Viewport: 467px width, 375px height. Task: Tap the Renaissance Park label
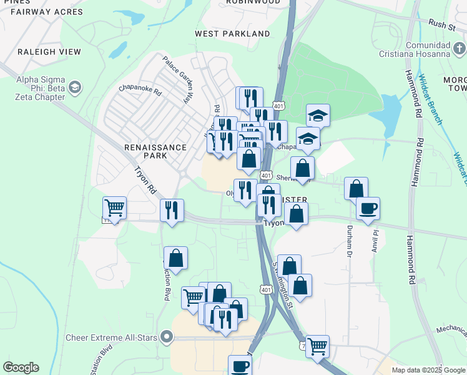[155, 151]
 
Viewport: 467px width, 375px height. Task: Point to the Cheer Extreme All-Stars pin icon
[166, 338]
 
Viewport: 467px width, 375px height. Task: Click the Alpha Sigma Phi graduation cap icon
[76, 87]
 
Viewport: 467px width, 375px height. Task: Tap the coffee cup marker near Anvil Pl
[368, 208]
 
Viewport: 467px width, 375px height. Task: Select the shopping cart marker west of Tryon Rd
[114, 207]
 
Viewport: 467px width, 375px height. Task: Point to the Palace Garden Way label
[177, 80]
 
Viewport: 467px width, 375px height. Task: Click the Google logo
[21, 367]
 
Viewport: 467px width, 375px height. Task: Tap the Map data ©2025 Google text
[428, 370]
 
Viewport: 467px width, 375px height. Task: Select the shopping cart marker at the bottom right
[318, 346]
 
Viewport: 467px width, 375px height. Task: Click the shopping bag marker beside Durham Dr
[356, 188]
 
